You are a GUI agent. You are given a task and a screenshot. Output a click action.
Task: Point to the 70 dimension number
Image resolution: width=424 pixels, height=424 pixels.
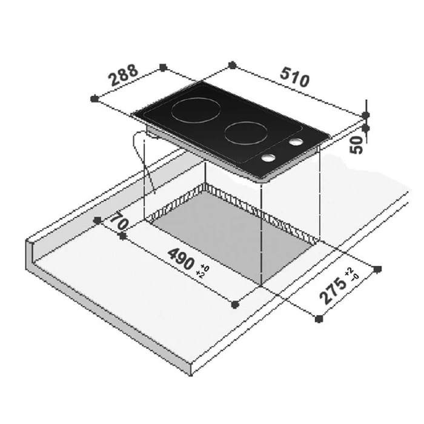point(120,222)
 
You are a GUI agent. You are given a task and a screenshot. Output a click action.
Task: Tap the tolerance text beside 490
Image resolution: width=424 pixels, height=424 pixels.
point(203,271)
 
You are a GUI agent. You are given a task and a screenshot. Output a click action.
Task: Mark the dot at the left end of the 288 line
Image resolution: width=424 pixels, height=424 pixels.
point(93,98)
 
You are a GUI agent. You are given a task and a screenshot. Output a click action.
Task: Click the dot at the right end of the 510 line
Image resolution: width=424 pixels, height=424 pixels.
point(366,114)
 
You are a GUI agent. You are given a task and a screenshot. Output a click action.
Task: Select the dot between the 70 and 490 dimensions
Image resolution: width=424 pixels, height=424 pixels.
point(124,237)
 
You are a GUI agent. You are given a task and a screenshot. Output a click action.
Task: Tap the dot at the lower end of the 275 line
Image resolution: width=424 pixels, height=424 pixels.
point(320,317)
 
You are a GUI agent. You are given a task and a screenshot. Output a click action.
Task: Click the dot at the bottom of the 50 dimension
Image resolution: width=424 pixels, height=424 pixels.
point(366,128)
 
